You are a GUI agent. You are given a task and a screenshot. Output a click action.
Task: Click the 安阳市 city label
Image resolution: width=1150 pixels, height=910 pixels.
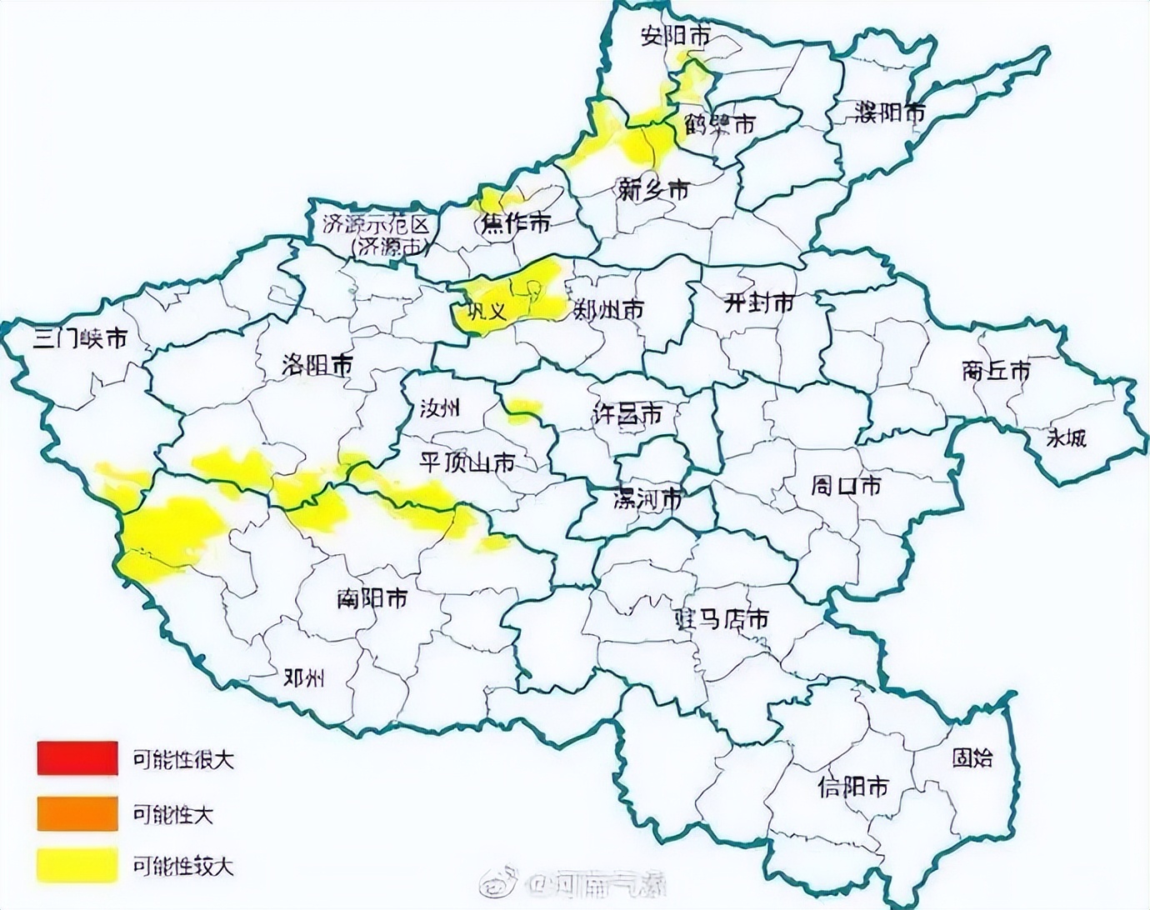(x=676, y=36)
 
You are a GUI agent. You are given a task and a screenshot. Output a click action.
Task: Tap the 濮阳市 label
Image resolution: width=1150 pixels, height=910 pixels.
(x=890, y=112)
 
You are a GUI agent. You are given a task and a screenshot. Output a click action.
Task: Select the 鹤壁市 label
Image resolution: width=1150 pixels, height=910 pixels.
(x=720, y=125)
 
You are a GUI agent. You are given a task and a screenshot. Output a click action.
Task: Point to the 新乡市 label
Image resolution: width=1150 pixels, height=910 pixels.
(x=653, y=190)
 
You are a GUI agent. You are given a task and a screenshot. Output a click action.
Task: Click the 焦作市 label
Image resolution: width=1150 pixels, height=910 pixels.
(x=516, y=223)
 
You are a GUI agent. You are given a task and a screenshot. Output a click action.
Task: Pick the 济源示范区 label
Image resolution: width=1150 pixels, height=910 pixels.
(x=377, y=224)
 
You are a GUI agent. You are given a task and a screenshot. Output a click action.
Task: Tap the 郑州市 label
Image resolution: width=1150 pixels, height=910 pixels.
(x=609, y=310)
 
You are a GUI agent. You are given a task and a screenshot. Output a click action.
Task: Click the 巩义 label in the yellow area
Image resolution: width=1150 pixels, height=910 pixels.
(x=486, y=312)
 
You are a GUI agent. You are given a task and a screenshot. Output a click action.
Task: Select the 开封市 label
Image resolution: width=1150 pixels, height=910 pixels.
(x=758, y=303)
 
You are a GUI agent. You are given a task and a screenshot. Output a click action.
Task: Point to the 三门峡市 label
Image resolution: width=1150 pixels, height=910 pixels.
(x=80, y=338)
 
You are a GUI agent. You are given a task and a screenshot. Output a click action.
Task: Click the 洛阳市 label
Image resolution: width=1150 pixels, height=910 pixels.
(x=317, y=364)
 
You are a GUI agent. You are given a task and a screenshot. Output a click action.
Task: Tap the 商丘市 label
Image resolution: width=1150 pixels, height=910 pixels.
(x=996, y=371)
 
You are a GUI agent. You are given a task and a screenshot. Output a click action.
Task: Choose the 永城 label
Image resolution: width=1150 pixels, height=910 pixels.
(x=1066, y=437)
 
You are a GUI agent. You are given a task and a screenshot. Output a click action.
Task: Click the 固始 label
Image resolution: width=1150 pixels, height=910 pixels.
(x=972, y=757)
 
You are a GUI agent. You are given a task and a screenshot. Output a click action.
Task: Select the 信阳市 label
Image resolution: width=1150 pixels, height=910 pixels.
(x=853, y=787)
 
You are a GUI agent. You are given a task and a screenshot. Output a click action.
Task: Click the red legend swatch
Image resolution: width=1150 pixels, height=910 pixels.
(x=77, y=758)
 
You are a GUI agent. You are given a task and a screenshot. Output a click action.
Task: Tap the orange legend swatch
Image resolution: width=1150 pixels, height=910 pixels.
(x=77, y=813)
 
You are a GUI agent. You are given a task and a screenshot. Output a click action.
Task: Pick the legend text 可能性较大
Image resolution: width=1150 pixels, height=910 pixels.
(x=183, y=867)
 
